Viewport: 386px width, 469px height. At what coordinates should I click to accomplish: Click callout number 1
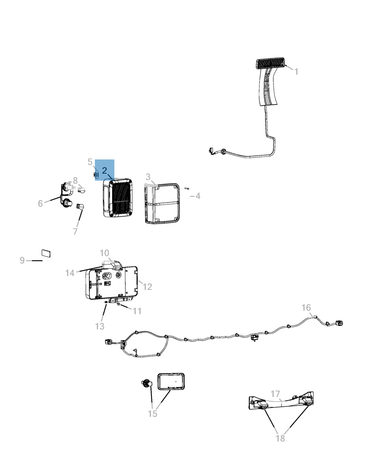(296, 72)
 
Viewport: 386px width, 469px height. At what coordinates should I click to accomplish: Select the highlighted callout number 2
(105, 170)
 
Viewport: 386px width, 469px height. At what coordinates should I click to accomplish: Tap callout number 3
(148, 177)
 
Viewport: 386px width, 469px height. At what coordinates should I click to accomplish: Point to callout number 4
(198, 196)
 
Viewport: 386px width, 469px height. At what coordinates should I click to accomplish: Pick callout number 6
(40, 203)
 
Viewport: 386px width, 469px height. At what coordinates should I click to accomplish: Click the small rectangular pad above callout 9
(46, 253)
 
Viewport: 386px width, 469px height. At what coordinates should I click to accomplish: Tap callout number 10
(105, 253)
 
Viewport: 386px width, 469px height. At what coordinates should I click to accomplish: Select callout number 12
(147, 287)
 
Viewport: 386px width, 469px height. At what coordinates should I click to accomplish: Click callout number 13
(100, 326)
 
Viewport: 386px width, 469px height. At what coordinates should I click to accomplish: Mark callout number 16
(306, 307)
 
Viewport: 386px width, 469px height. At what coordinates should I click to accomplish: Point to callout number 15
(153, 414)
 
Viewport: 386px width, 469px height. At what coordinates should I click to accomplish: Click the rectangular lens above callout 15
(171, 382)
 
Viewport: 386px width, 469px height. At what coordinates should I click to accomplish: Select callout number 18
(280, 438)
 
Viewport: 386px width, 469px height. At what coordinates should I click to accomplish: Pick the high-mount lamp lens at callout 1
(270, 63)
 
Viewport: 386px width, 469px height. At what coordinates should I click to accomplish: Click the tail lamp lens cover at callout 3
(162, 203)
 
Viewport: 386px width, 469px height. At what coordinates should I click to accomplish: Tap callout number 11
(137, 311)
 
